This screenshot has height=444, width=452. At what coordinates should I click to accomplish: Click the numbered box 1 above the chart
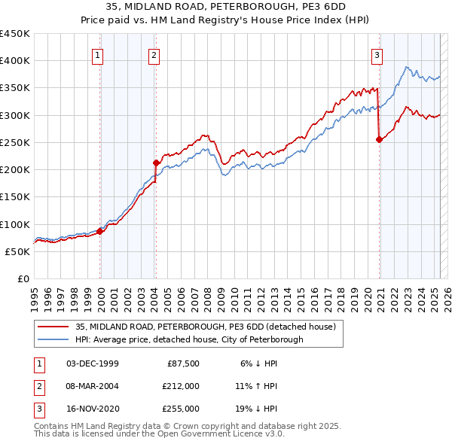pyautogui.click(x=99, y=54)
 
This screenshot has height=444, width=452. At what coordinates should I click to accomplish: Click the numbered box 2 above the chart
pyautogui.click(x=154, y=54)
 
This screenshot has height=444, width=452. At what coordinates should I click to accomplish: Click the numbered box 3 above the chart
pyautogui.click(x=377, y=54)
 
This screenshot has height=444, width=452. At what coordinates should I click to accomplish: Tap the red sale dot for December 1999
pyautogui.click(x=100, y=231)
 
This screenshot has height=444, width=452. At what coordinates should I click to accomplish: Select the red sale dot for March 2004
pyautogui.click(x=156, y=163)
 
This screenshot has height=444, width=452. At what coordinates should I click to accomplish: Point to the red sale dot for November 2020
pyautogui.click(x=379, y=139)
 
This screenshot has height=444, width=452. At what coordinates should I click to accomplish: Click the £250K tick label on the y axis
pyautogui.click(x=14, y=142)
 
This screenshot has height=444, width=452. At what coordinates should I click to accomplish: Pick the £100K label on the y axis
pyautogui.click(x=14, y=224)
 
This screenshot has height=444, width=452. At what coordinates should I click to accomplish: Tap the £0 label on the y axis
pyautogui.click(x=23, y=278)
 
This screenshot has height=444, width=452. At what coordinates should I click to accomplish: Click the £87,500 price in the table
pyautogui.click(x=181, y=363)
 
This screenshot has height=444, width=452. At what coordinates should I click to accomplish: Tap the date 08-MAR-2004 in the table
pyautogui.click(x=93, y=386)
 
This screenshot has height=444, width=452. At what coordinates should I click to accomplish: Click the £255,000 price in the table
pyautogui.click(x=181, y=409)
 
